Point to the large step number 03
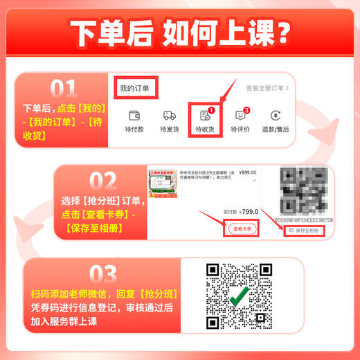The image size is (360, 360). tap(64, 271)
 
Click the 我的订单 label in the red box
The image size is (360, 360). tap(134, 89)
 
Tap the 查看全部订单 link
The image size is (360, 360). tap(267, 89)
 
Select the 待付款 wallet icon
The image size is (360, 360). tap(134, 115)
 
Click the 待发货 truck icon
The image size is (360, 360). tap(169, 115)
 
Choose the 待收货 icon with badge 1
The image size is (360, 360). tap(204, 116)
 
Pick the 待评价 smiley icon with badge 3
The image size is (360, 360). tap(240, 115)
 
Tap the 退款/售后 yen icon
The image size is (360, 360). tap(276, 115)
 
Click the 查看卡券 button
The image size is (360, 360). tap(242, 228)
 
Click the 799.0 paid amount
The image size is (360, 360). tap(249, 212)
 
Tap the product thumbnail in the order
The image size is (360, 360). tap(166, 190)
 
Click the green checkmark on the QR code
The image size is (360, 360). tap(240, 296)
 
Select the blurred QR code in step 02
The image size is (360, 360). tap(304, 192)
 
